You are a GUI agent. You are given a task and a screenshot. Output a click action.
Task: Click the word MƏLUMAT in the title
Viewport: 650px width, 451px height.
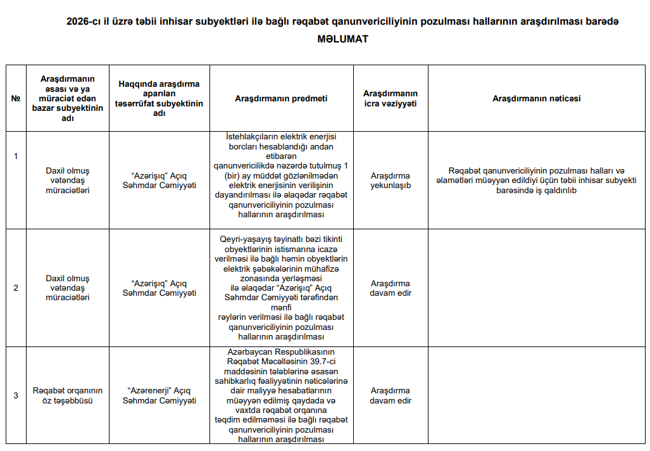342,39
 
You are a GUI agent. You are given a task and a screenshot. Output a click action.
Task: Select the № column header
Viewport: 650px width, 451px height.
16,98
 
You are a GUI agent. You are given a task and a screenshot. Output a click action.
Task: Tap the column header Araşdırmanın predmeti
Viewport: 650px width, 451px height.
281,98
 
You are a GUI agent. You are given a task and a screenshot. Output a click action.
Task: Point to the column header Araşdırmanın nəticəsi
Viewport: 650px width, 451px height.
536,98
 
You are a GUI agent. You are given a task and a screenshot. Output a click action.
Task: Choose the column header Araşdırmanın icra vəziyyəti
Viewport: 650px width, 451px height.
391,98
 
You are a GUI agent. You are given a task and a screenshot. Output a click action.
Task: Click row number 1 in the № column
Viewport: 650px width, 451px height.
16,156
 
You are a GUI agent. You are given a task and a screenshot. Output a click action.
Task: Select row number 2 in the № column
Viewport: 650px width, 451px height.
16,288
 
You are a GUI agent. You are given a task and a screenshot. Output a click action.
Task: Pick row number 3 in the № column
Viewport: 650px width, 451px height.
16,395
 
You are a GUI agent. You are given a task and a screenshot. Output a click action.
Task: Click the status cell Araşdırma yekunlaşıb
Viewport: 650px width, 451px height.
391,181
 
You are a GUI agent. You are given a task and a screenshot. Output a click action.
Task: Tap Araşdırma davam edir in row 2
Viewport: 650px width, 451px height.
391,288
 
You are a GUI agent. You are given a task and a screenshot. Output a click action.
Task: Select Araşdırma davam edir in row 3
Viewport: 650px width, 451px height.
391,395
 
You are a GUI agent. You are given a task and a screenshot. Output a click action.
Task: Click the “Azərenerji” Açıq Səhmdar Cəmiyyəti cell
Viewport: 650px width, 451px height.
159,395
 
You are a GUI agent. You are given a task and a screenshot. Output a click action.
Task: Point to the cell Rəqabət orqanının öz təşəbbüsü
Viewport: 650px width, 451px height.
68,395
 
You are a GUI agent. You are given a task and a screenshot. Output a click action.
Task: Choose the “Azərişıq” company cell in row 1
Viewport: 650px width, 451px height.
159,181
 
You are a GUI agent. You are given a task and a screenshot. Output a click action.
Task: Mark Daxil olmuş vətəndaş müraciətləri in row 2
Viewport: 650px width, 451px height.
68,288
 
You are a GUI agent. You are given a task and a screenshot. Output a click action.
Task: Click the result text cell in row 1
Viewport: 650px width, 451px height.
536,181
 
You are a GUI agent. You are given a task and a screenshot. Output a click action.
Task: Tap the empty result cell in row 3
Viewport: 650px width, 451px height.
536,395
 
